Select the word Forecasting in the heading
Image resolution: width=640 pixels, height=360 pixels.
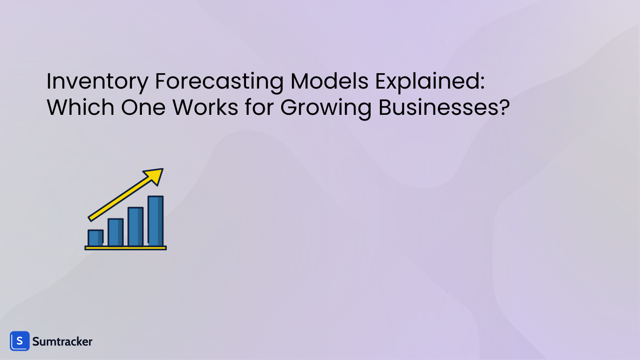click(x=219, y=82)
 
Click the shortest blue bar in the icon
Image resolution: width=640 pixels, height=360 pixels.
click(x=95, y=238)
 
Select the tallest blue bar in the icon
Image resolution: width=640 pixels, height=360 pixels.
click(x=156, y=221)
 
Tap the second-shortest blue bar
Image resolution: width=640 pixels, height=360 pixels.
click(x=115, y=232)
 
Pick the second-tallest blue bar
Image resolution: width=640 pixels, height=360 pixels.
click(x=135, y=226)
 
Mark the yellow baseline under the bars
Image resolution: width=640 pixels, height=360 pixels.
click(x=126, y=247)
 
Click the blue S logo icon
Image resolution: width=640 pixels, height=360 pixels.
click(x=20, y=341)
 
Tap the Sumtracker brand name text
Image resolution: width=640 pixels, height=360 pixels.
click(x=62, y=342)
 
